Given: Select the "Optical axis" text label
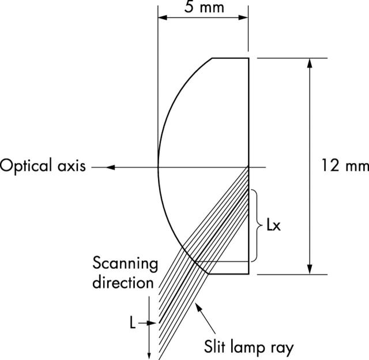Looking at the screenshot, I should (x=43, y=167).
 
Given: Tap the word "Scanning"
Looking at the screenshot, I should (x=125, y=264).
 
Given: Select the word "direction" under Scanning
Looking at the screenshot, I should (x=125, y=283).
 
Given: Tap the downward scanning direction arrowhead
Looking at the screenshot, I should (x=149, y=352).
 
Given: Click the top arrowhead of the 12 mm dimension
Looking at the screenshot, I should (x=311, y=63).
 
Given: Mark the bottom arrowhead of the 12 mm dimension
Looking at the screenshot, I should (x=311, y=270).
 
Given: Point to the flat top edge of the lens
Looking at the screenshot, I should (x=231, y=58).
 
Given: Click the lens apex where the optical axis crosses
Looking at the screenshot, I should (x=159, y=167).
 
